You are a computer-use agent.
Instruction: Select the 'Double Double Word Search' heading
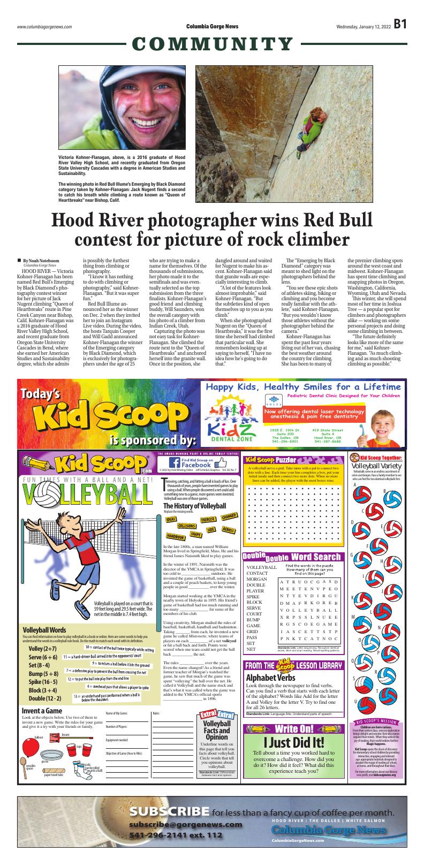pyautogui.click(x=292, y=557)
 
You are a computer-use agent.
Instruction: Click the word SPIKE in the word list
pyautogui.click(x=253, y=596)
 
